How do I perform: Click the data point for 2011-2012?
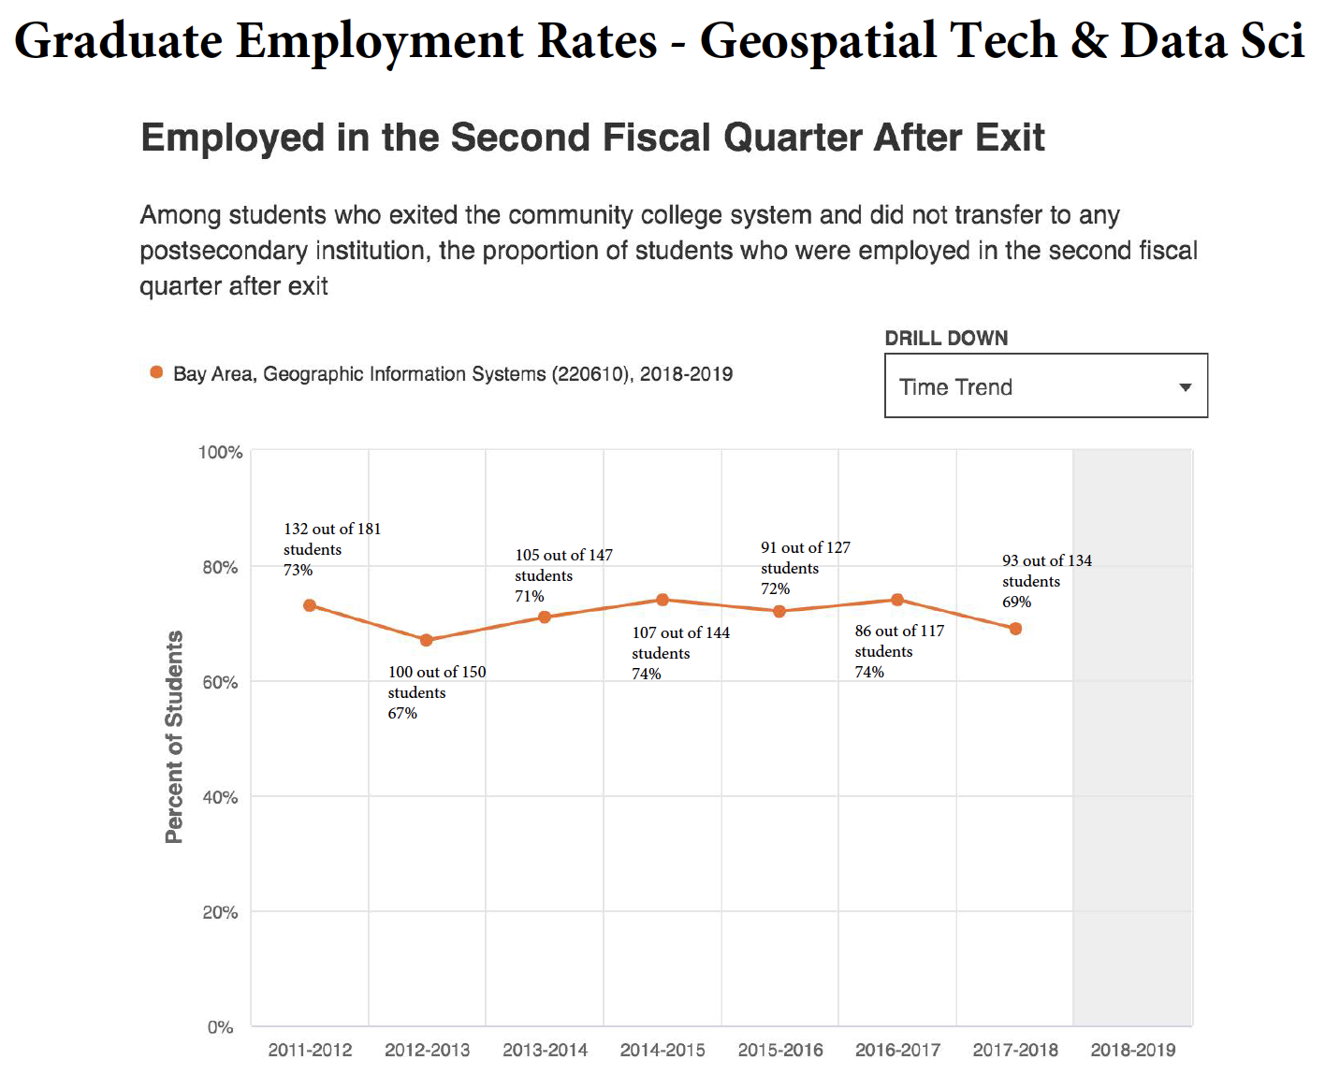310,605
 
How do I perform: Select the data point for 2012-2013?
427,640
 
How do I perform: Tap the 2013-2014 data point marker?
545,617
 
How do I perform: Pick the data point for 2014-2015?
662,600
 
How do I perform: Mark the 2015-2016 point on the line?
779,611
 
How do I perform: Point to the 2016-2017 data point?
897,600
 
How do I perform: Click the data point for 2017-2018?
1015,629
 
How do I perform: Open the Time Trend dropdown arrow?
1186,387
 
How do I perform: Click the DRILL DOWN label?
946,339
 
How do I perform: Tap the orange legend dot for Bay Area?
156,373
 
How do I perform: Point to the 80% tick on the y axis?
220,567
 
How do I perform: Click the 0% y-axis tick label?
220,1027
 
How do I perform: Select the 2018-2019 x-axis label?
1132,1050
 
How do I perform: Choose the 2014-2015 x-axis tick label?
662,1050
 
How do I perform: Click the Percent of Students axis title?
174,737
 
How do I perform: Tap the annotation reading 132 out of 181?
332,530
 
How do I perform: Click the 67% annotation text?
402,713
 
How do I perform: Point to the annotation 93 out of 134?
1046,560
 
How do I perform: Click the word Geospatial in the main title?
818,41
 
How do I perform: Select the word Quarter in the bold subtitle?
793,138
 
